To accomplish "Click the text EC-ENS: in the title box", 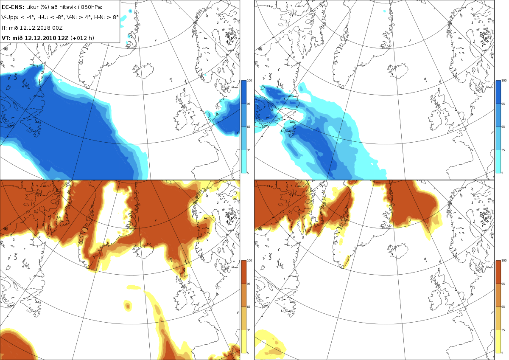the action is (13, 7).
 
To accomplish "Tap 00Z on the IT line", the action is (58, 28).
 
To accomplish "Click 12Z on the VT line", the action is (63, 38).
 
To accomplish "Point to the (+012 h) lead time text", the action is (82, 38).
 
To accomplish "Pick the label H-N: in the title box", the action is (101, 17).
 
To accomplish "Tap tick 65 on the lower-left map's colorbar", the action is (249, 307).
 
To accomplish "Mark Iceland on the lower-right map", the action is (398, 250).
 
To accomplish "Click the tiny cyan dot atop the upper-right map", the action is (384, 11).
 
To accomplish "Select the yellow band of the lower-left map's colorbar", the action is (243, 341).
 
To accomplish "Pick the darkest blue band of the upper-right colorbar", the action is (498, 92).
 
